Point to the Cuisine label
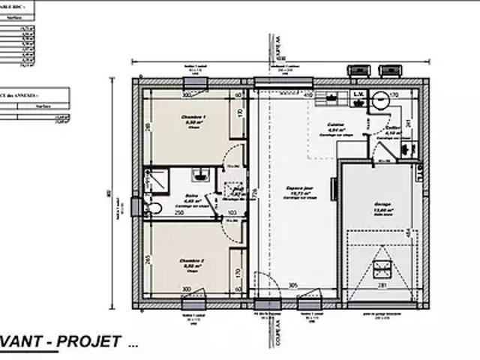[335, 125]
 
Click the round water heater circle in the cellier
[380, 96]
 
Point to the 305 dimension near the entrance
[294, 286]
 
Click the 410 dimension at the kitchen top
[307, 95]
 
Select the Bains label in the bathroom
[191, 196]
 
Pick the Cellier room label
[391, 128]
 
